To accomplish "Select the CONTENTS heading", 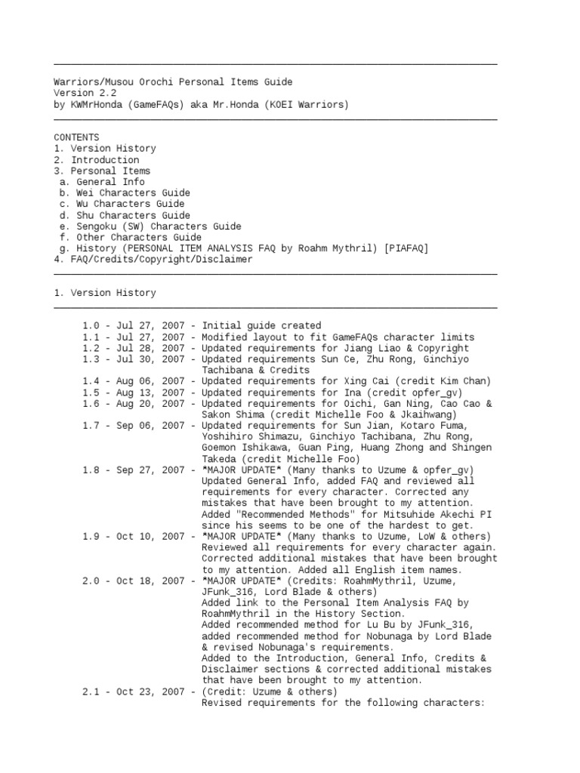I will pyautogui.click(x=76, y=137).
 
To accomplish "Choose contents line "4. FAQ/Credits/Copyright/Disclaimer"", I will pyautogui.click(x=153, y=259).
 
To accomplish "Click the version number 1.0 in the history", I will pyautogui.click(x=91, y=325).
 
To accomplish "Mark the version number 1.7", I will pyautogui.click(x=91, y=426).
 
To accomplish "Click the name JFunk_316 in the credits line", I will pyautogui.click(x=227, y=592).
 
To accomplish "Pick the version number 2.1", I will pyautogui.click(x=91, y=691).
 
